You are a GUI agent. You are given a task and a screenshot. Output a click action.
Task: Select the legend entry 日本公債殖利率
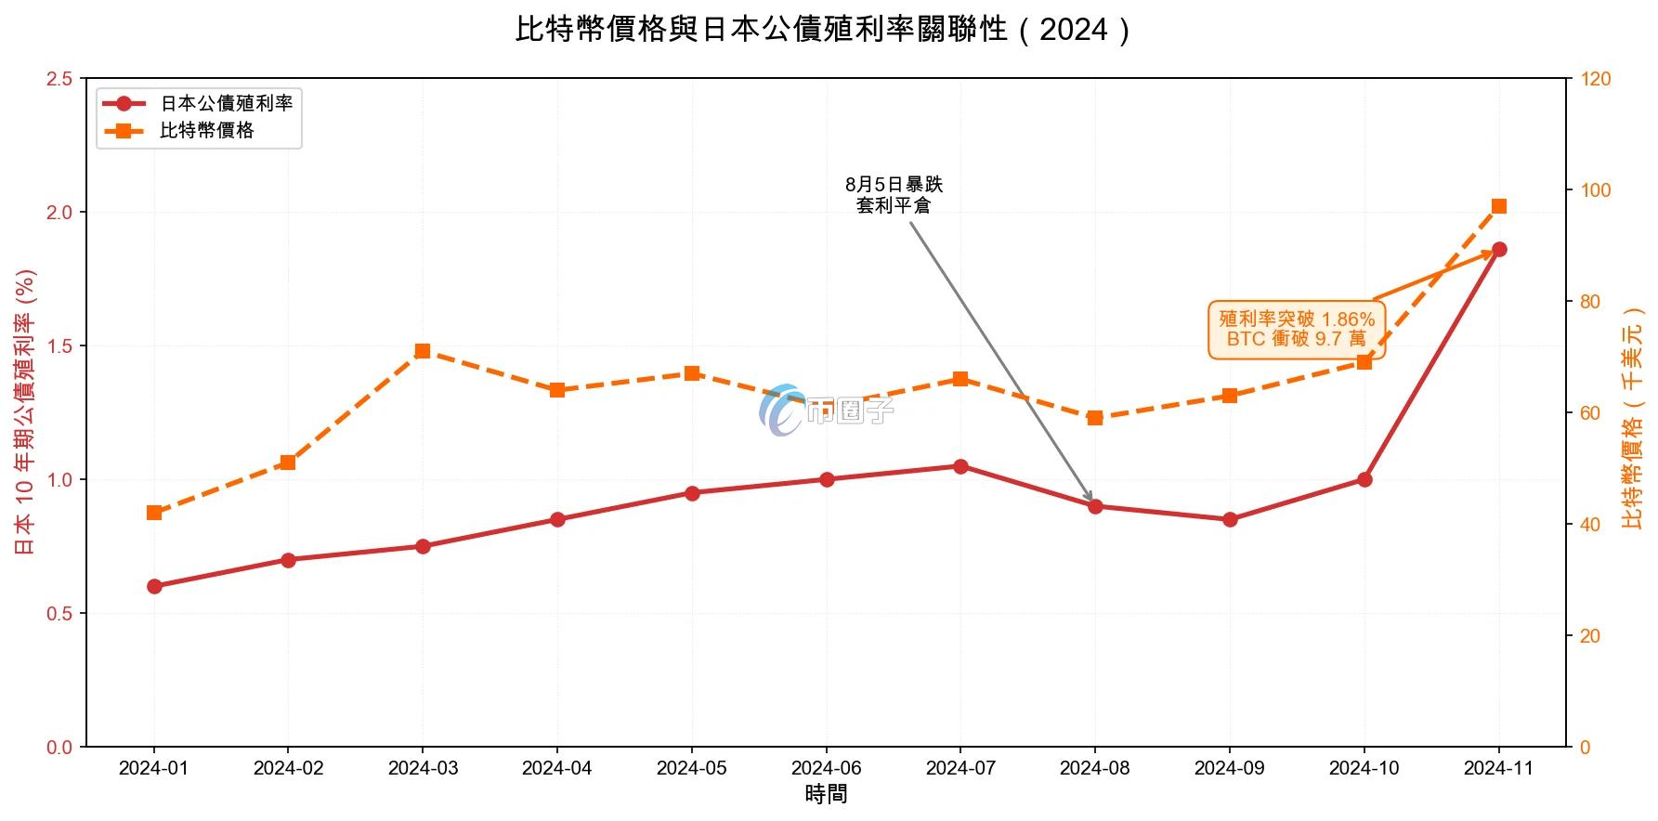[226, 103]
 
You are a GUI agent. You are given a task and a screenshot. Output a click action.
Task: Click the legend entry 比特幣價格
[206, 131]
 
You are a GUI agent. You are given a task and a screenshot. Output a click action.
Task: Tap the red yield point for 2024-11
[1498, 249]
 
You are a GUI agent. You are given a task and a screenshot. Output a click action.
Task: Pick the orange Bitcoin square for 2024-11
[1498, 206]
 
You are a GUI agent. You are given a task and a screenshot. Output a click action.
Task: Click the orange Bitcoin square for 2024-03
[423, 351]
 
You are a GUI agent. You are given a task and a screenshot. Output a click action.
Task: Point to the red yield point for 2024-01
[154, 586]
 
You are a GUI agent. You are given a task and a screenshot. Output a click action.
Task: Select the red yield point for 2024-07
[960, 466]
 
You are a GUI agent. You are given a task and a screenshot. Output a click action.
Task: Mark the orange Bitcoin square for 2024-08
[1095, 418]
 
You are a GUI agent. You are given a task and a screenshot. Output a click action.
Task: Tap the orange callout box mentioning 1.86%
[1297, 329]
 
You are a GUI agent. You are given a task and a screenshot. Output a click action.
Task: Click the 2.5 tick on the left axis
[59, 79]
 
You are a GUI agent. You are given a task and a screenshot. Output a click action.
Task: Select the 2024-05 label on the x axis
[692, 768]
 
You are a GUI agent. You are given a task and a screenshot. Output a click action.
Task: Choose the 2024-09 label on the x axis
[1230, 768]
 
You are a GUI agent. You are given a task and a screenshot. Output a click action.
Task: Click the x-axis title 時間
[826, 795]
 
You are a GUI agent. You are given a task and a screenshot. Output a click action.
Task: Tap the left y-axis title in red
[25, 412]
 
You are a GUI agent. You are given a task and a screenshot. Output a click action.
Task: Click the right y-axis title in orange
[1633, 418]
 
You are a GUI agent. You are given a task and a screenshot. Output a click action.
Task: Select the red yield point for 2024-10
[1364, 479]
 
